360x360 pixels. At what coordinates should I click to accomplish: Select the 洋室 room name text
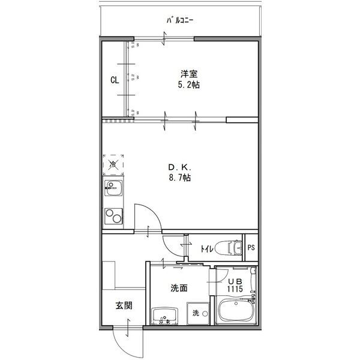point(190,74)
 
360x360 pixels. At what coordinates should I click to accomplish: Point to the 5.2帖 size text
point(190,85)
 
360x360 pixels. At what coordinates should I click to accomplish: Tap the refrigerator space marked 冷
point(113,164)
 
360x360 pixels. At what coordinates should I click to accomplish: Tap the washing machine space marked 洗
point(196,313)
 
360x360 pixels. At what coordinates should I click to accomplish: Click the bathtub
point(236,311)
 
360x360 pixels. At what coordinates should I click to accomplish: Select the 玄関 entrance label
point(124,306)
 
